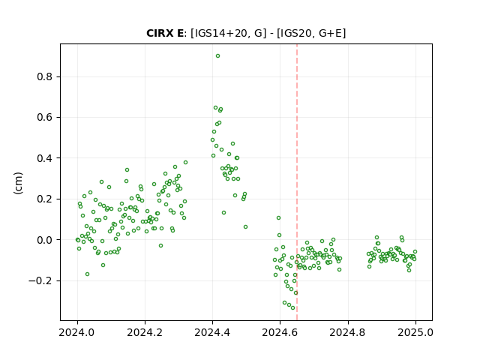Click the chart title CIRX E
click(165, 33)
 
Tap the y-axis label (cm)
click(18, 183)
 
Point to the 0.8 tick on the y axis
click(45, 76)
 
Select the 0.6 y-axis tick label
click(45, 117)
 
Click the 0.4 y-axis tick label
click(45, 158)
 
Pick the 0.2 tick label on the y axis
click(45, 199)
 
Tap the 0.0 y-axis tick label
click(45, 240)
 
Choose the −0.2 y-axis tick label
click(40, 280)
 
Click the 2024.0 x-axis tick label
click(77, 332)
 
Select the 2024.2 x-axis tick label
click(145, 332)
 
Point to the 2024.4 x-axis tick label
click(212, 332)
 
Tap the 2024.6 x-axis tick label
click(280, 332)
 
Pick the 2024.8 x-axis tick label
click(348, 332)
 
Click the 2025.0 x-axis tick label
click(415, 332)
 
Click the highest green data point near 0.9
click(217, 56)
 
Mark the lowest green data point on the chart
click(293, 308)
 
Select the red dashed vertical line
click(297, 182)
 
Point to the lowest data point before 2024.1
click(87, 274)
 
